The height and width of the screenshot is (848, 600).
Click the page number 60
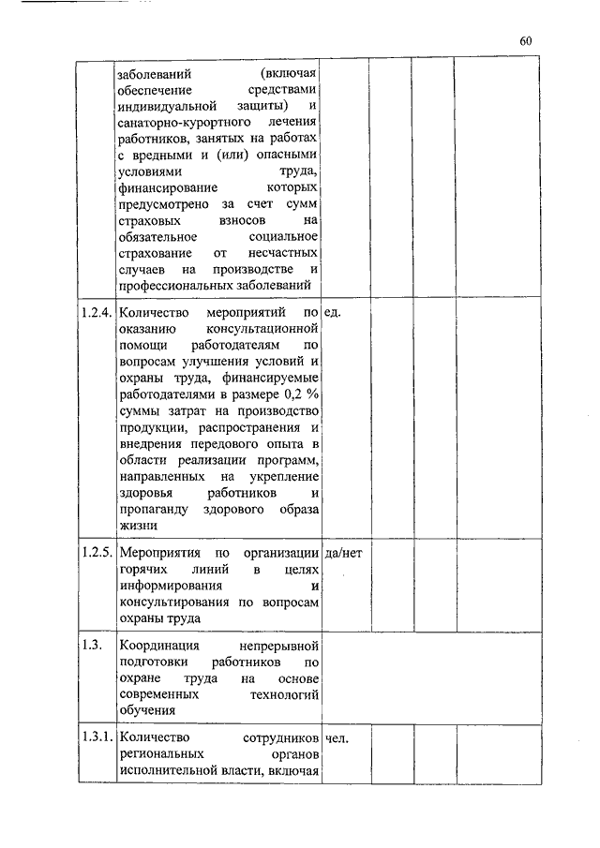click(526, 40)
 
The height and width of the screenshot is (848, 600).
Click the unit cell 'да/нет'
click(342, 553)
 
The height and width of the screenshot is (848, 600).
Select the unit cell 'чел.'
click(337, 737)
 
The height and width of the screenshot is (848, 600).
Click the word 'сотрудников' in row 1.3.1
click(279, 737)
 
